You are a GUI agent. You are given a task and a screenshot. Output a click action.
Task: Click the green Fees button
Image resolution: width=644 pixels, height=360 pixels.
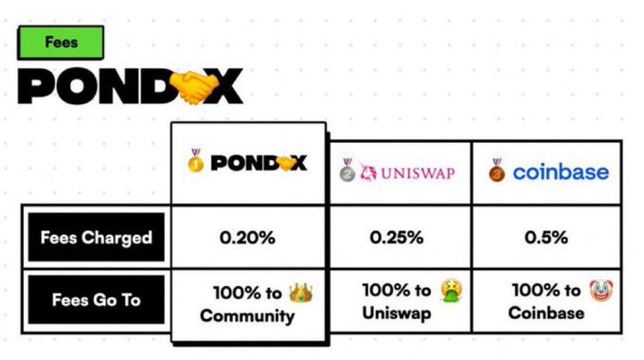pos(61,43)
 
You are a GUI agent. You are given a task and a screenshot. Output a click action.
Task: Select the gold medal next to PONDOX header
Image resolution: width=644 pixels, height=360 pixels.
pos(195,162)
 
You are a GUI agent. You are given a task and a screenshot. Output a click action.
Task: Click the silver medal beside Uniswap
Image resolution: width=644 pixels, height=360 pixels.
pos(348,171)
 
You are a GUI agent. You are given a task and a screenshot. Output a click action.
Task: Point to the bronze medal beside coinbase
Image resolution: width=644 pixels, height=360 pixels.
pos(497,171)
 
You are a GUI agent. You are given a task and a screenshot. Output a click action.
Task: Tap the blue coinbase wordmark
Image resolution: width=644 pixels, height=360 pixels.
pos(561,172)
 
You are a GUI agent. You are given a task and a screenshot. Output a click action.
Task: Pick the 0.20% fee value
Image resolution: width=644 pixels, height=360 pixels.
pos(247,237)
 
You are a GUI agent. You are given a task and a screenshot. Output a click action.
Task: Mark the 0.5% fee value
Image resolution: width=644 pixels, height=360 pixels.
pos(547,237)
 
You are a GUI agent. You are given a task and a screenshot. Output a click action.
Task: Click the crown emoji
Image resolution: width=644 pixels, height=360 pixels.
pos(301,291)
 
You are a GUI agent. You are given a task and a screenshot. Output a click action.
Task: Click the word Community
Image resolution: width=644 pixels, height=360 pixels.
pos(247,315)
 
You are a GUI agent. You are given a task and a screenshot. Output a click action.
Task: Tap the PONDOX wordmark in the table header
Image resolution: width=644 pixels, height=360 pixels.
pos(259,163)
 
